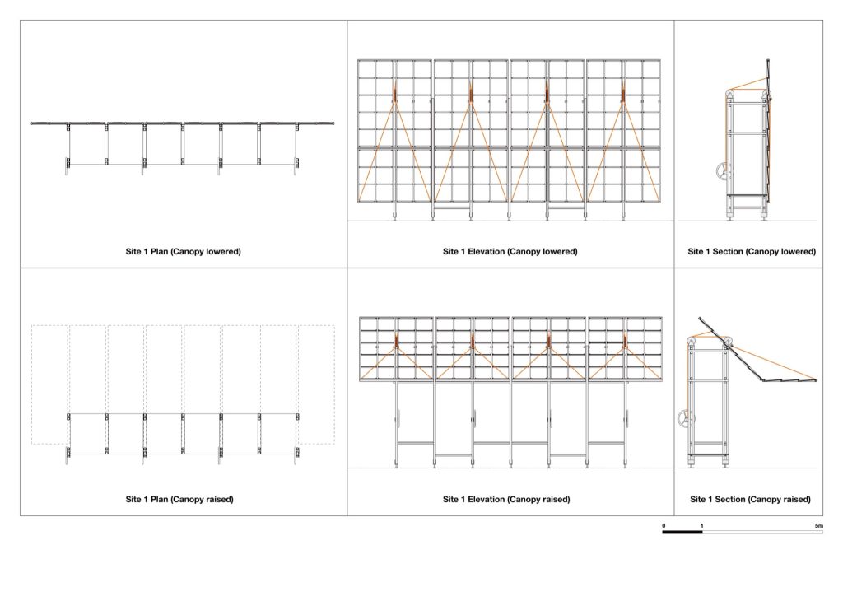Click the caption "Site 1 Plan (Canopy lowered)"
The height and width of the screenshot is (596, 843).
point(183,252)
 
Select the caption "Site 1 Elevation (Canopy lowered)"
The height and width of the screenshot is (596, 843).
point(510,252)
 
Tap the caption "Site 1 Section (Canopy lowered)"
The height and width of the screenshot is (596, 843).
point(751,252)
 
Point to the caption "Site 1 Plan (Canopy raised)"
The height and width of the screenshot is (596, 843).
point(179,499)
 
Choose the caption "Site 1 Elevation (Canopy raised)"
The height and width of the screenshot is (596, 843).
point(506,499)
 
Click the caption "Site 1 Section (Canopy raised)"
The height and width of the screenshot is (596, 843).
point(750,499)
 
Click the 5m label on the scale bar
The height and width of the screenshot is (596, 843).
point(818,525)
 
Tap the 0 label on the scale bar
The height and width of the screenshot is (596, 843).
point(664,525)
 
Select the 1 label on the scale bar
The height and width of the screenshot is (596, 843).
point(701,525)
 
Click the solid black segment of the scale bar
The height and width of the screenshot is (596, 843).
point(682,532)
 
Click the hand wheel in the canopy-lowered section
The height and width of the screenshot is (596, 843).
point(724,171)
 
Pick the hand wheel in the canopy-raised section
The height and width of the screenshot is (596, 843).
point(685,418)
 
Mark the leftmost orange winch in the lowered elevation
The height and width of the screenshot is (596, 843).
point(394,94)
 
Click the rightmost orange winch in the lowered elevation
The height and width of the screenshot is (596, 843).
point(624,94)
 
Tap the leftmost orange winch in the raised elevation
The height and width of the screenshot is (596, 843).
point(396,340)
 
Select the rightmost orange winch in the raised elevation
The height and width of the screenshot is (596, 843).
point(626,340)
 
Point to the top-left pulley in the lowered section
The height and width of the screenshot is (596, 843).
point(729,95)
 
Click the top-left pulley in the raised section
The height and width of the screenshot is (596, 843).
point(692,342)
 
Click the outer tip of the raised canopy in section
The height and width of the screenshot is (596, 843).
point(816,380)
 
